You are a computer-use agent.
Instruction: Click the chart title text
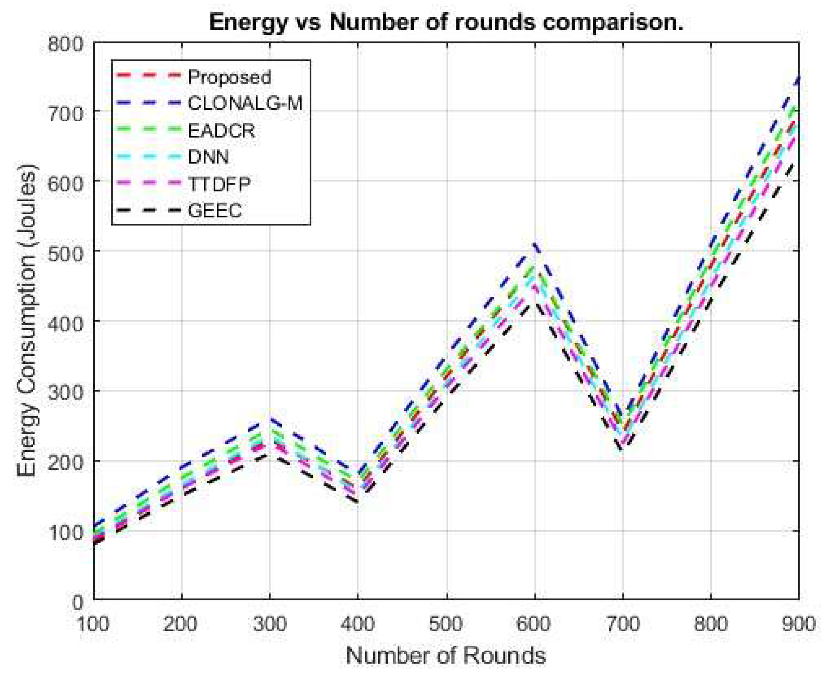coord(446,22)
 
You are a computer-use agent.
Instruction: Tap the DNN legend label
coord(208,157)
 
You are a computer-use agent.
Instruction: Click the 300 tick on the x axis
coord(270,623)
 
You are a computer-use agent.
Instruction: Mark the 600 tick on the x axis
coord(534,623)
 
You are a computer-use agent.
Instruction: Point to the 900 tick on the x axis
coord(798,623)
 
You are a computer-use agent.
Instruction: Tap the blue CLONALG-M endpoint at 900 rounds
coord(798,80)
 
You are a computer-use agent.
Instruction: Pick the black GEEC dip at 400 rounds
coord(357,501)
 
